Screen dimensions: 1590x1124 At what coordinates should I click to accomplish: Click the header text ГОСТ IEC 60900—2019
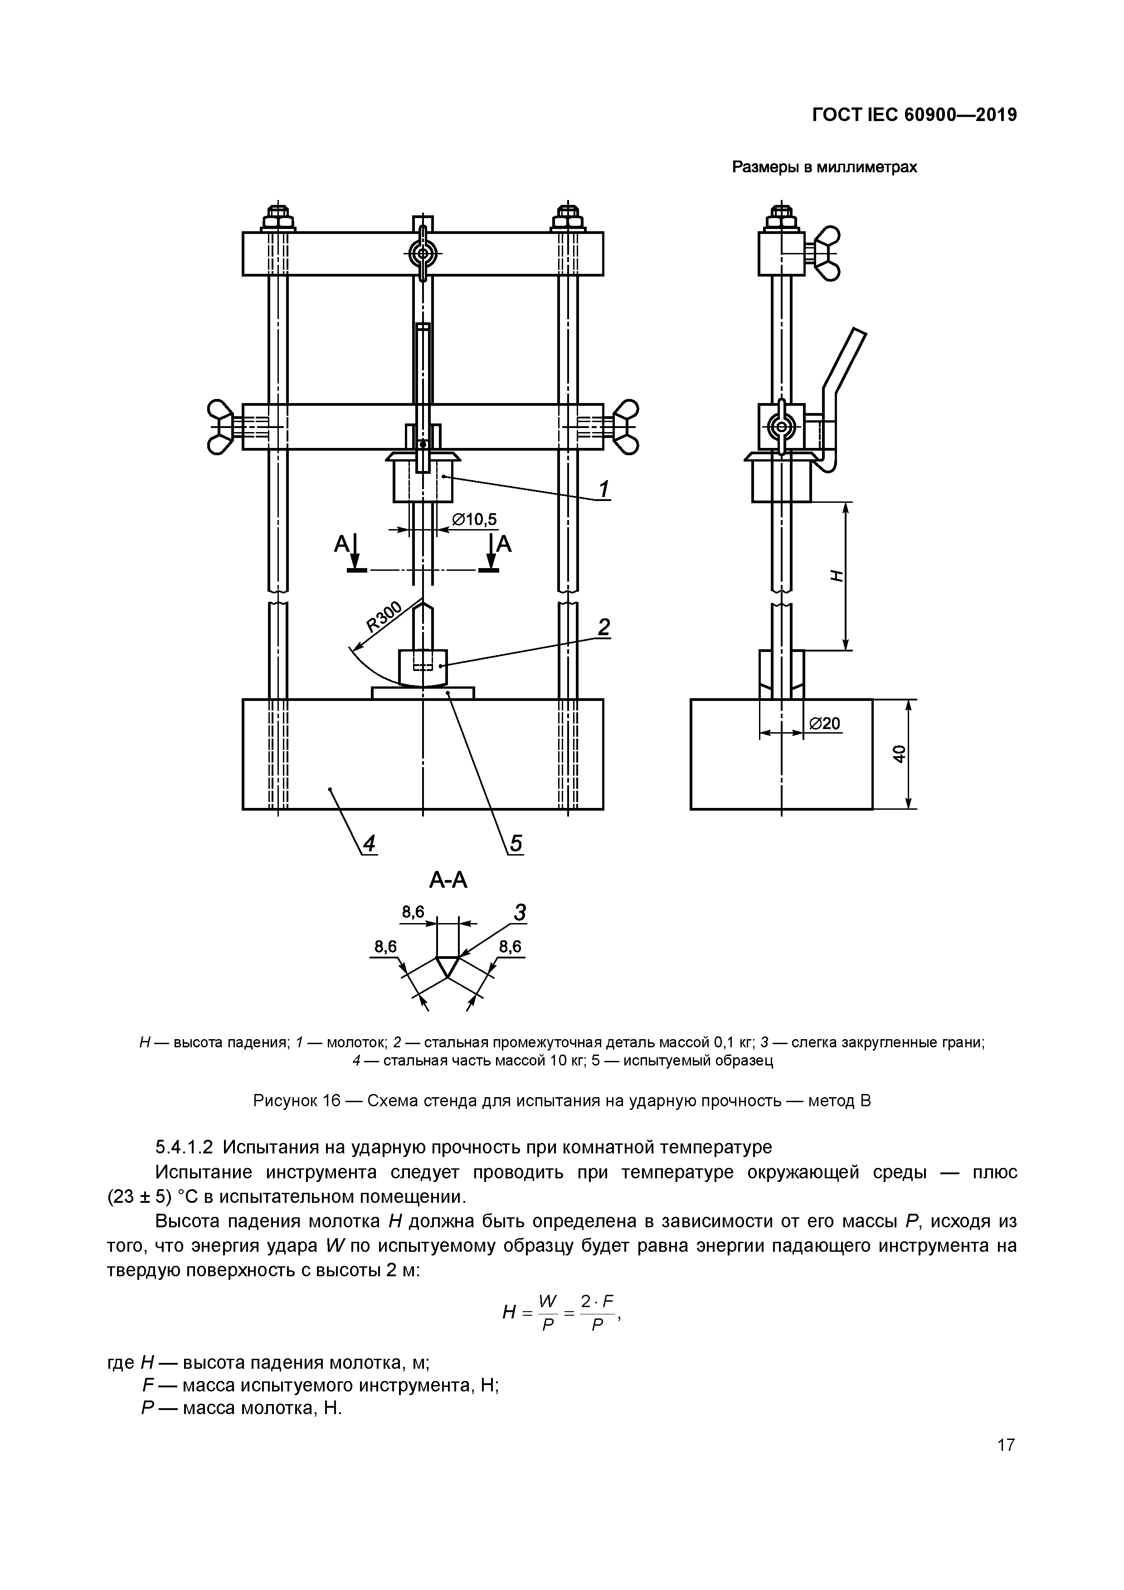[914, 115]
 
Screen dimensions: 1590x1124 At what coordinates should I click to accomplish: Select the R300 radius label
[384, 617]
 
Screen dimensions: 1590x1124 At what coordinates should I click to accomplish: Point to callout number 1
[604, 490]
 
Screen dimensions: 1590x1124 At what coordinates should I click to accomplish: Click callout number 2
[604, 627]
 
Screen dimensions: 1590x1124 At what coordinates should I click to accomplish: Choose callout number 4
[369, 843]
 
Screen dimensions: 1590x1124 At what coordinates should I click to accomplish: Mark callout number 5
[516, 843]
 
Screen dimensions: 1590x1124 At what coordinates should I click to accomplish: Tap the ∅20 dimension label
[825, 724]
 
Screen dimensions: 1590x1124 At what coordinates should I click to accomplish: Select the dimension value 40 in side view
[899, 754]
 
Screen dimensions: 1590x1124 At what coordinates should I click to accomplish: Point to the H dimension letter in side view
[837, 575]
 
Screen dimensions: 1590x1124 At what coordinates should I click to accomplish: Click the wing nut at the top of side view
[827, 253]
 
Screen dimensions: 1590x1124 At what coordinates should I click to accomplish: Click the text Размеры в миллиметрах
[825, 168]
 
